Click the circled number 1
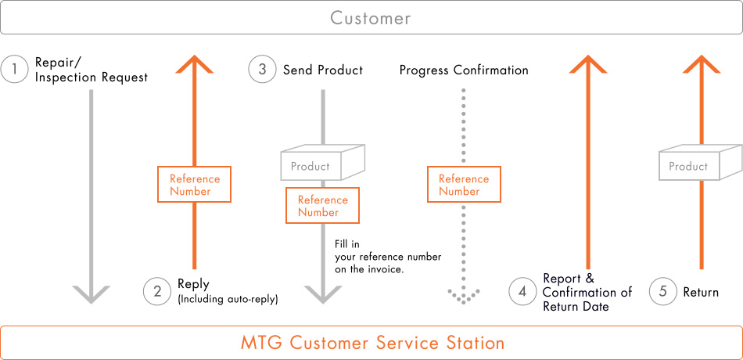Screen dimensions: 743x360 coord(15,70)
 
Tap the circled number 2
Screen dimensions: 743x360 coord(157,291)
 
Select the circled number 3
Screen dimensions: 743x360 coord(262,70)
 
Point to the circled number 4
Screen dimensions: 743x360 coord(522,291)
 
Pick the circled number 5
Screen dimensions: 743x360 coord(663,291)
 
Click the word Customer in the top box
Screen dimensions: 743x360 coord(371,18)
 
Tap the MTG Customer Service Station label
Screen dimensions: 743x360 coord(373,343)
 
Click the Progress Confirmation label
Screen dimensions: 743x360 coord(464,70)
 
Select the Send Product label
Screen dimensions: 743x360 coord(323,70)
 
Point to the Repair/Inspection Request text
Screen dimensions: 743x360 coord(92,70)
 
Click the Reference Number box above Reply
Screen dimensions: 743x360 coord(194,185)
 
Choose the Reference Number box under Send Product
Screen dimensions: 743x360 coord(322,205)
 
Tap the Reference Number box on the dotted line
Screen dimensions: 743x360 coord(464,185)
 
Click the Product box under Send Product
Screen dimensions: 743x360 coord(323,163)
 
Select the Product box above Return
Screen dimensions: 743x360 coord(701,163)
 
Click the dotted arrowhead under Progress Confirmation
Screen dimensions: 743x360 coord(464,296)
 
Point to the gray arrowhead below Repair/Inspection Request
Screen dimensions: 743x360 coord(92,294)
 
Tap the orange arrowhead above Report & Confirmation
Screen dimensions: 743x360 coord(588,64)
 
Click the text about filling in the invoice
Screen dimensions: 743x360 coord(388,257)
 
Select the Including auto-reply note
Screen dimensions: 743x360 coord(228,300)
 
